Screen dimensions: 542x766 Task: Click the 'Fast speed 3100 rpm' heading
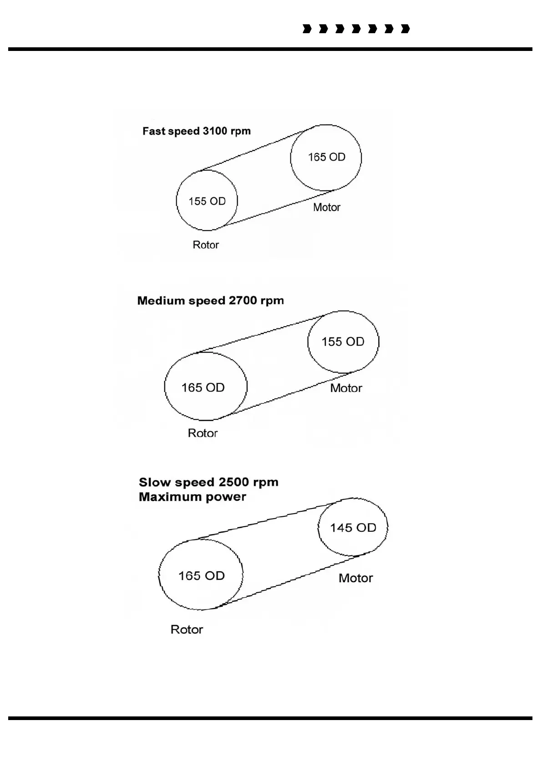tap(196, 131)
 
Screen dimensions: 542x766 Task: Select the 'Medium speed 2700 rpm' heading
tap(210, 301)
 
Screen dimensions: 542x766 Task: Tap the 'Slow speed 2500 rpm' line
tap(208, 482)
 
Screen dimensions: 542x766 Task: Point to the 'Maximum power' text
tap(192, 497)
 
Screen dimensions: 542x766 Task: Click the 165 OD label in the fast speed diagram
tap(326, 157)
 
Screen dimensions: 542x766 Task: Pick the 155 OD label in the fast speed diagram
tap(207, 201)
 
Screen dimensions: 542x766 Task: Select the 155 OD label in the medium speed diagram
tap(343, 342)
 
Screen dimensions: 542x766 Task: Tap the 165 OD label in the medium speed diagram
tap(203, 388)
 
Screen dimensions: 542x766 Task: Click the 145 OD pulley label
tap(353, 528)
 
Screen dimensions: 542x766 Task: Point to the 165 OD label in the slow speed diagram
tap(201, 576)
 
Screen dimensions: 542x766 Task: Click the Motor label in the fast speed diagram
tap(327, 207)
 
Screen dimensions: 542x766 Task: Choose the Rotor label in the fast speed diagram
tap(206, 245)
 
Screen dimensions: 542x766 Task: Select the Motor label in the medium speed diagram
tap(346, 388)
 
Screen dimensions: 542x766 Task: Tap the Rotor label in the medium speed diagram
tap(203, 433)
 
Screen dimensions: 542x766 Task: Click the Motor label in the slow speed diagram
tap(355, 578)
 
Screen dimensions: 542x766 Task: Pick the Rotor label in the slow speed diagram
tap(187, 630)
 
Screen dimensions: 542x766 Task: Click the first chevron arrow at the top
tap(307, 29)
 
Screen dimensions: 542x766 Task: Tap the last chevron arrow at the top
tap(405, 29)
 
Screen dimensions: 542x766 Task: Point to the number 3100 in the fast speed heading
tap(215, 131)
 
